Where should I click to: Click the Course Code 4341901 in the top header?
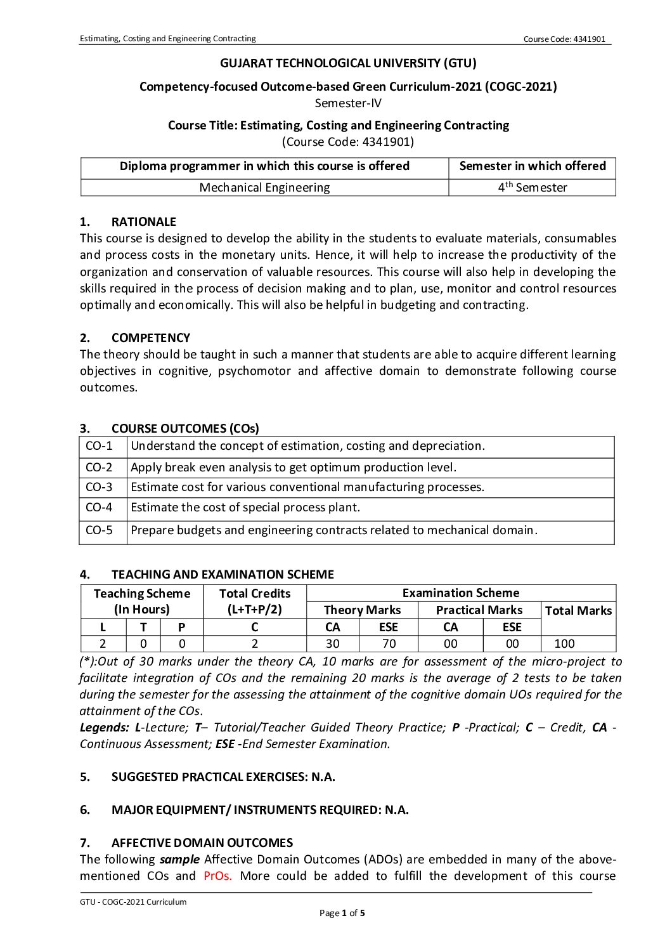coord(564,39)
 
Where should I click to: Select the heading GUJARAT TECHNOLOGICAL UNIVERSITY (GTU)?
coord(348,63)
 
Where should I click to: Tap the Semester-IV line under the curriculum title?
coord(348,103)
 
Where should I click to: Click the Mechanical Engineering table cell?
coord(264,187)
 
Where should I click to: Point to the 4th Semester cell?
coord(532,187)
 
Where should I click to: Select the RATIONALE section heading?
coord(143,221)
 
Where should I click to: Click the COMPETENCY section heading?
coord(150,338)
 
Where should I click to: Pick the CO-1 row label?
coord(99,446)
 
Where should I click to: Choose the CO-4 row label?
coord(99,508)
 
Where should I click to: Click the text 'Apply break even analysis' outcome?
coord(293,468)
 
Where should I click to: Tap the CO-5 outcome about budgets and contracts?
coord(333,530)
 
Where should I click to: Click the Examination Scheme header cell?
coord(460,593)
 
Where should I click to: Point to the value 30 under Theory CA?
coord(332,643)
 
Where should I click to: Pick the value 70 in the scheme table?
coord(388,643)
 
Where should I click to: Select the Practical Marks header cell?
coord(479,610)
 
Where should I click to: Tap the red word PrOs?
coord(217,876)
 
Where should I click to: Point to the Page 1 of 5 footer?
coord(342,913)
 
